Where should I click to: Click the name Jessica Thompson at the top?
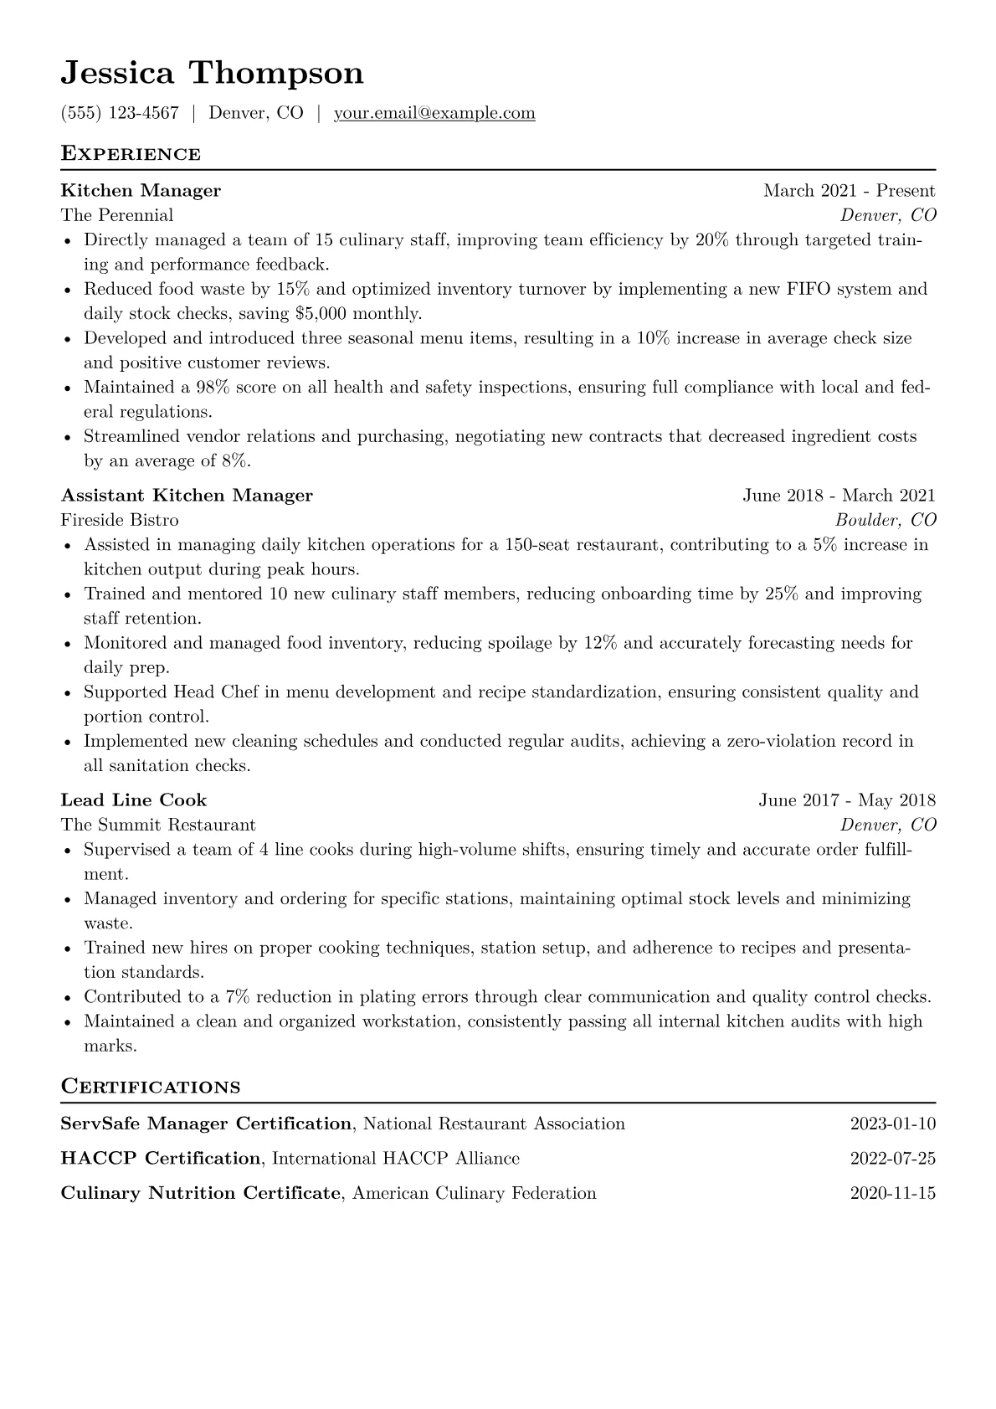(x=212, y=73)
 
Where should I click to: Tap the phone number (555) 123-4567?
(x=120, y=113)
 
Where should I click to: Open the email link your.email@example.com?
(x=434, y=113)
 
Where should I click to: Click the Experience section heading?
(x=131, y=154)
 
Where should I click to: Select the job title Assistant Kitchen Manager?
(x=187, y=496)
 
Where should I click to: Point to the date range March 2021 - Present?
(x=849, y=191)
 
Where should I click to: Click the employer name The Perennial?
(x=117, y=215)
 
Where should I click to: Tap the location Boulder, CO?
(x=886, y=520)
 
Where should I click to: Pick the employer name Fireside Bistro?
(x=120, y=520)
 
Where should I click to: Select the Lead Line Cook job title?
(x=134, y=800)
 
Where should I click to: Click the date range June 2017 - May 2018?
(x=847, y=800)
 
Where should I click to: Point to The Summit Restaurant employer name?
(x=158, y=825)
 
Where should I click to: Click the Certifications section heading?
(x=151, y=1087)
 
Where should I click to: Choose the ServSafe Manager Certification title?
(x=206, y=1124)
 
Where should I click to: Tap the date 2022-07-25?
(x=892, y=1159)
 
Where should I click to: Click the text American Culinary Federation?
(x=475, y=1193)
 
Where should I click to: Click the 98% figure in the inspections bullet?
(x=213, y=388)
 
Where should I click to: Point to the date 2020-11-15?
(x=892, y=1193)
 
